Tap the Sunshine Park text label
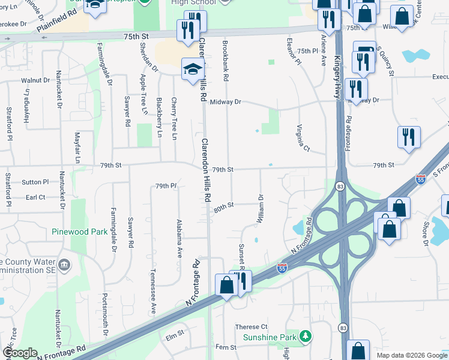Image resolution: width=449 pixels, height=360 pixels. tap(270, 337)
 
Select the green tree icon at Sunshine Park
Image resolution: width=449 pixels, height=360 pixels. tap(306, 335)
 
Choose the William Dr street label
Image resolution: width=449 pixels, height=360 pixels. tap(261, 209)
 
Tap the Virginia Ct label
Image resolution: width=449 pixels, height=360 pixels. tap(303, 137)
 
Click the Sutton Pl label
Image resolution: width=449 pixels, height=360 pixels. tap(36, 182)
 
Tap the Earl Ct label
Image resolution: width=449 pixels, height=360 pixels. tap(35, 196)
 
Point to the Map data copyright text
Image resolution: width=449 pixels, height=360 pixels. tap(411, 355)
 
